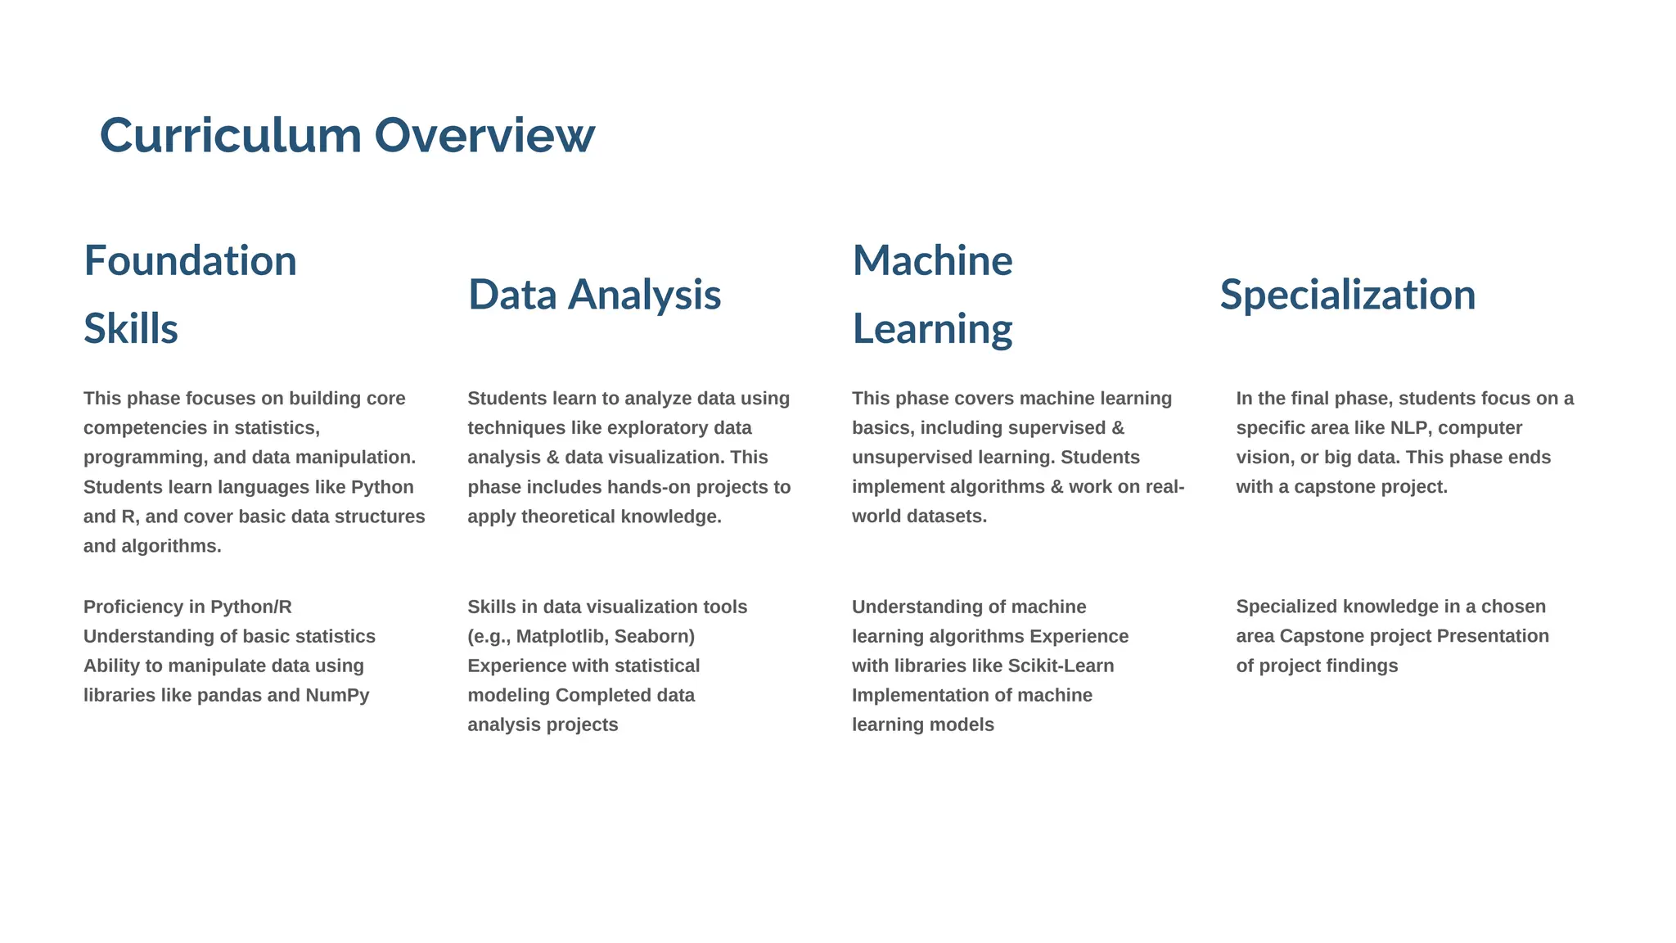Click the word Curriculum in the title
230,135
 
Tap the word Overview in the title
484,135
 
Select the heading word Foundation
190,261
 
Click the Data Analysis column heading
594,295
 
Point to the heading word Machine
932,261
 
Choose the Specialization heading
1347,295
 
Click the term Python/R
250,607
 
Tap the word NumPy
337,695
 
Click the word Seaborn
654,636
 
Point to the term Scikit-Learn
1061,666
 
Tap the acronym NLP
1408,427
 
